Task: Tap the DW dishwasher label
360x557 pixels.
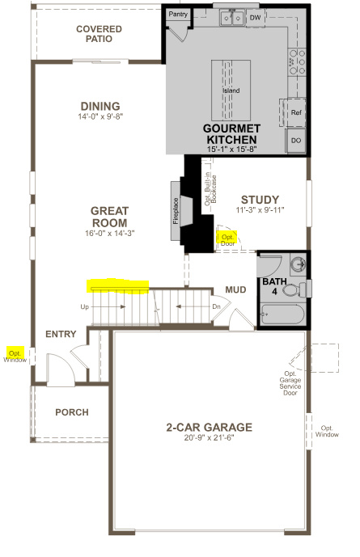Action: tap(255, 16)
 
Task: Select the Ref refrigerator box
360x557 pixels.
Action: tap(296, 113)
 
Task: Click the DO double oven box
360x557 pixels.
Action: tap(296, 141)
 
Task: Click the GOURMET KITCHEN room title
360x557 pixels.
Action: tap(231, 134)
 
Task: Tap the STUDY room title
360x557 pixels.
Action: tap(260, 200)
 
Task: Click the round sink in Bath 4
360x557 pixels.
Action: tap(297, 263)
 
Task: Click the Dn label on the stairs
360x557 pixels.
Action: tap(215, 307)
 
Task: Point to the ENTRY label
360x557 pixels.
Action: tap(61, 334)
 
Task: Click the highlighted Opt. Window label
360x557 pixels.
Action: tap(15, 356)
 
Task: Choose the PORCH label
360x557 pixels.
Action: tap(71, 412)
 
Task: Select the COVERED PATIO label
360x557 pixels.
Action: tap(99, 34)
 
